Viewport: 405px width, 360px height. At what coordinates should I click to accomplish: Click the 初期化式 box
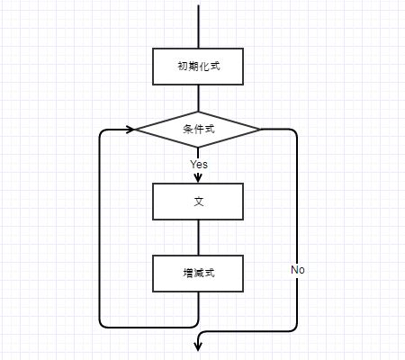[x=198, y=67]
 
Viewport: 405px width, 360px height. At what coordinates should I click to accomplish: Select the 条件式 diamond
[x=198, y=130]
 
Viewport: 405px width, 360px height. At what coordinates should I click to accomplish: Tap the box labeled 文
[x=198, y=202]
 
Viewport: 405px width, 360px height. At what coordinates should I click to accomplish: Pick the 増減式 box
[x=198, y=274]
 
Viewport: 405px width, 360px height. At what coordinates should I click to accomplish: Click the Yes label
[x=199, y=165]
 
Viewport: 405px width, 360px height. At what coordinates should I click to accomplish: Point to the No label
[x=298, y=270]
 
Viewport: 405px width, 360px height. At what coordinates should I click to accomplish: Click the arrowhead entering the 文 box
[x=198, y=178]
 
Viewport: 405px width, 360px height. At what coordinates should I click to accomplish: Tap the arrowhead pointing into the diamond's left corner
[x=130, y=130]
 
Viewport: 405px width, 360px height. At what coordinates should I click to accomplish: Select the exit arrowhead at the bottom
[x=198, y=346]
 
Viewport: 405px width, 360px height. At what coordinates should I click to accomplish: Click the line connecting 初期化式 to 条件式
[x=198, y=98]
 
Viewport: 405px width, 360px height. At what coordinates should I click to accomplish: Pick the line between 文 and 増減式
[x=198, y=238]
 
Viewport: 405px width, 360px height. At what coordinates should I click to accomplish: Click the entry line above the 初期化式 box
[x=198, y=26]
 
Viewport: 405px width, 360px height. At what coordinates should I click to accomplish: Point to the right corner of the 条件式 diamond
[x=260, y=130]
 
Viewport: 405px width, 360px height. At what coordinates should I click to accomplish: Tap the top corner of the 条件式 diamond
[x=198, y=112]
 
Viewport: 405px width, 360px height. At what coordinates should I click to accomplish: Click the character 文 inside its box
[x=199, y=202]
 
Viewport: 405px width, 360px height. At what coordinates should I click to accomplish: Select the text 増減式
[x=199, y=274]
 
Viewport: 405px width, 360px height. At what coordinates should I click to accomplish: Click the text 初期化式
[x=199, y=66]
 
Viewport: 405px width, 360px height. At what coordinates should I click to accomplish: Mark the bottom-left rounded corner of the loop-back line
[x=102, y=325]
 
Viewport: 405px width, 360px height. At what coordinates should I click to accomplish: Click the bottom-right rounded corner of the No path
[x=295, y=329]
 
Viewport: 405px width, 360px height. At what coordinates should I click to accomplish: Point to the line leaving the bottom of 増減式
[x=198, y=308]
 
